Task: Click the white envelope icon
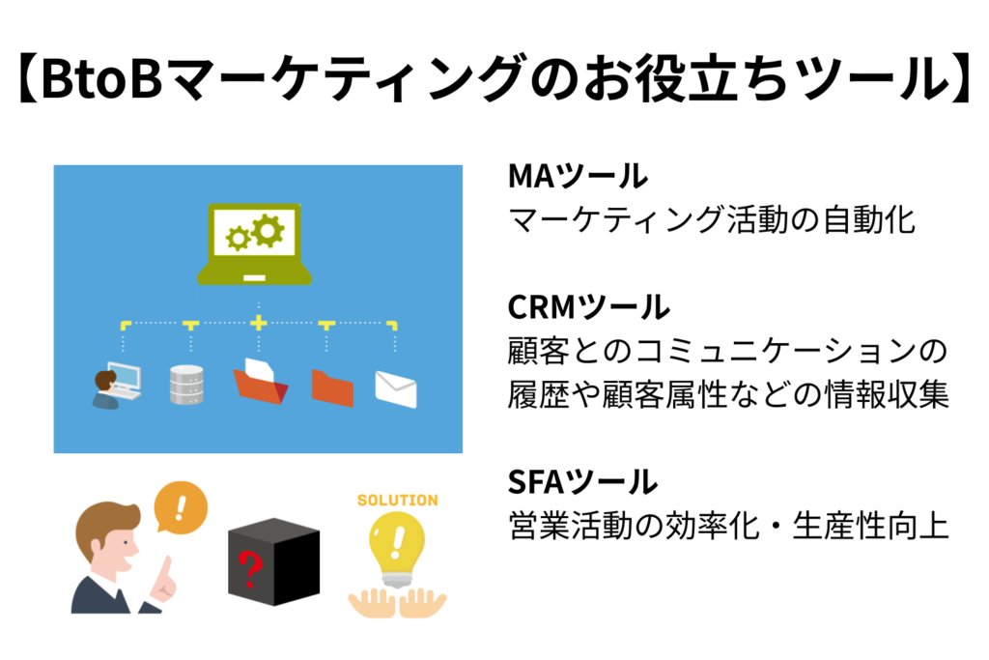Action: (395, 387)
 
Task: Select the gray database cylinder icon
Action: (186, 386)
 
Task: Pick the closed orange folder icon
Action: (331, 387)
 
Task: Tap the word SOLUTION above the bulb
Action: (397, 501)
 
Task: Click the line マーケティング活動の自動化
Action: (711, 220)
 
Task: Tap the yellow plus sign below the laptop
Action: (258, 322)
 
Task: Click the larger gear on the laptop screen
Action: (268, 229)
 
